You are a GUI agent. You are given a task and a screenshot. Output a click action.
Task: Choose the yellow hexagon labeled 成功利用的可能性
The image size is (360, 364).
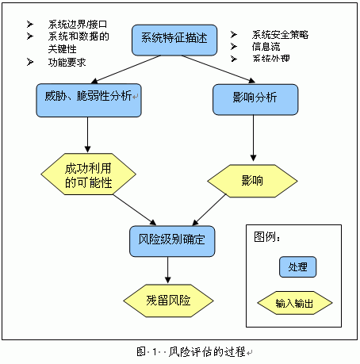[88, 175]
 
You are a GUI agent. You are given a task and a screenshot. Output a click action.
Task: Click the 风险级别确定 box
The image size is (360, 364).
[171, 240]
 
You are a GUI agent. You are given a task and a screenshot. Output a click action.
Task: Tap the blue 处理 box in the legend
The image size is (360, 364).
[297, 267]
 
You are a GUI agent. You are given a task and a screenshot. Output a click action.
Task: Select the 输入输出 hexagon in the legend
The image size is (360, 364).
[297, 303]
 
